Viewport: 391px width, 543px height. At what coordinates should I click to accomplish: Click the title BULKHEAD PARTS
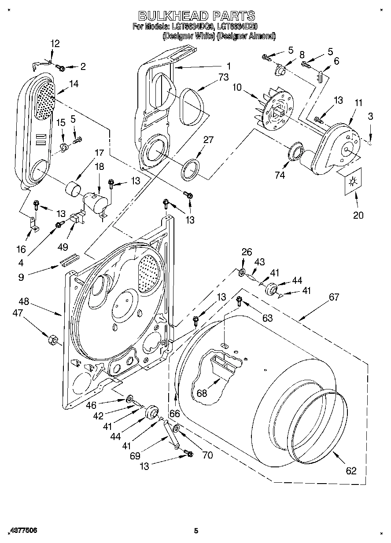click(x=197, y=16)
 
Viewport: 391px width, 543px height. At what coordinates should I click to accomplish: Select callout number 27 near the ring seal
click(x=208, y=140)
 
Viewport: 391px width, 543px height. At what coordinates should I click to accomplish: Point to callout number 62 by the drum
click(x=350, y=471)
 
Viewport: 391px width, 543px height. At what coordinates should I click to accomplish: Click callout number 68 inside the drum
click(x=202, y=393)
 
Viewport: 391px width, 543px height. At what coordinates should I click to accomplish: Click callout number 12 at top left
click(x=55, y=44)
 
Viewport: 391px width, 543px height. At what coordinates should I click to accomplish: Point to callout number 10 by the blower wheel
click(x=237, y=87)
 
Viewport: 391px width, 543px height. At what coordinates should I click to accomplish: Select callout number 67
click(x=334, y=297)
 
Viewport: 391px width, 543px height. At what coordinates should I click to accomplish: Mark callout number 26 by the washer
click(x=247, y=252)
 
